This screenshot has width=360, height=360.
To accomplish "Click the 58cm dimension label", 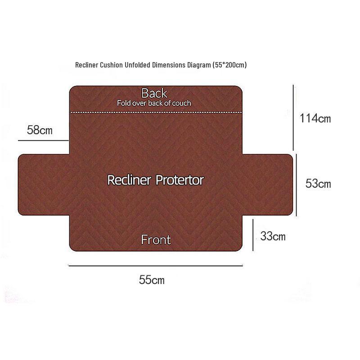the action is coord(40,130).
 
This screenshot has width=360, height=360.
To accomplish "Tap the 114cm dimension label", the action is coord(315,118).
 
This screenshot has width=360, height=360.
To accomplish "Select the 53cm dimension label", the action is coord(318,184).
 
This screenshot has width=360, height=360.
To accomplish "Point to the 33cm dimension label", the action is coord(273,236).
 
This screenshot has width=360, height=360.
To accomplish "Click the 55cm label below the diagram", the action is coord(152,280).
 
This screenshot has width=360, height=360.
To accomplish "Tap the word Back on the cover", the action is coord(154,93).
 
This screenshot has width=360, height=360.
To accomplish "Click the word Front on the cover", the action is coord(156,240).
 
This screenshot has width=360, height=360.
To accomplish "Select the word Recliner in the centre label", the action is coord(129,180).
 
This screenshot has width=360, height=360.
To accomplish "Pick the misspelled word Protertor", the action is coord(180,180).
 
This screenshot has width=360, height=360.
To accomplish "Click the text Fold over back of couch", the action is coord(154,103).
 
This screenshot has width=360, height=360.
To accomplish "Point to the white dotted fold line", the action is coord(156,112).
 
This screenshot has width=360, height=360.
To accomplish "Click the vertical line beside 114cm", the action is coord(293,117).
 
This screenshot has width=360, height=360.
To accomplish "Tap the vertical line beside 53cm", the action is coord(297,185).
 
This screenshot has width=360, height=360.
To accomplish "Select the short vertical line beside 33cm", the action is coord(253,235).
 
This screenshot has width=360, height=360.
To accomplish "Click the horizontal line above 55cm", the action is coord(156,265).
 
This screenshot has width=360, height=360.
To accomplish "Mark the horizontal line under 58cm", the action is coord(43,140).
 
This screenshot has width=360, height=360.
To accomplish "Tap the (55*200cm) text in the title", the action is coord(229,65).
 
